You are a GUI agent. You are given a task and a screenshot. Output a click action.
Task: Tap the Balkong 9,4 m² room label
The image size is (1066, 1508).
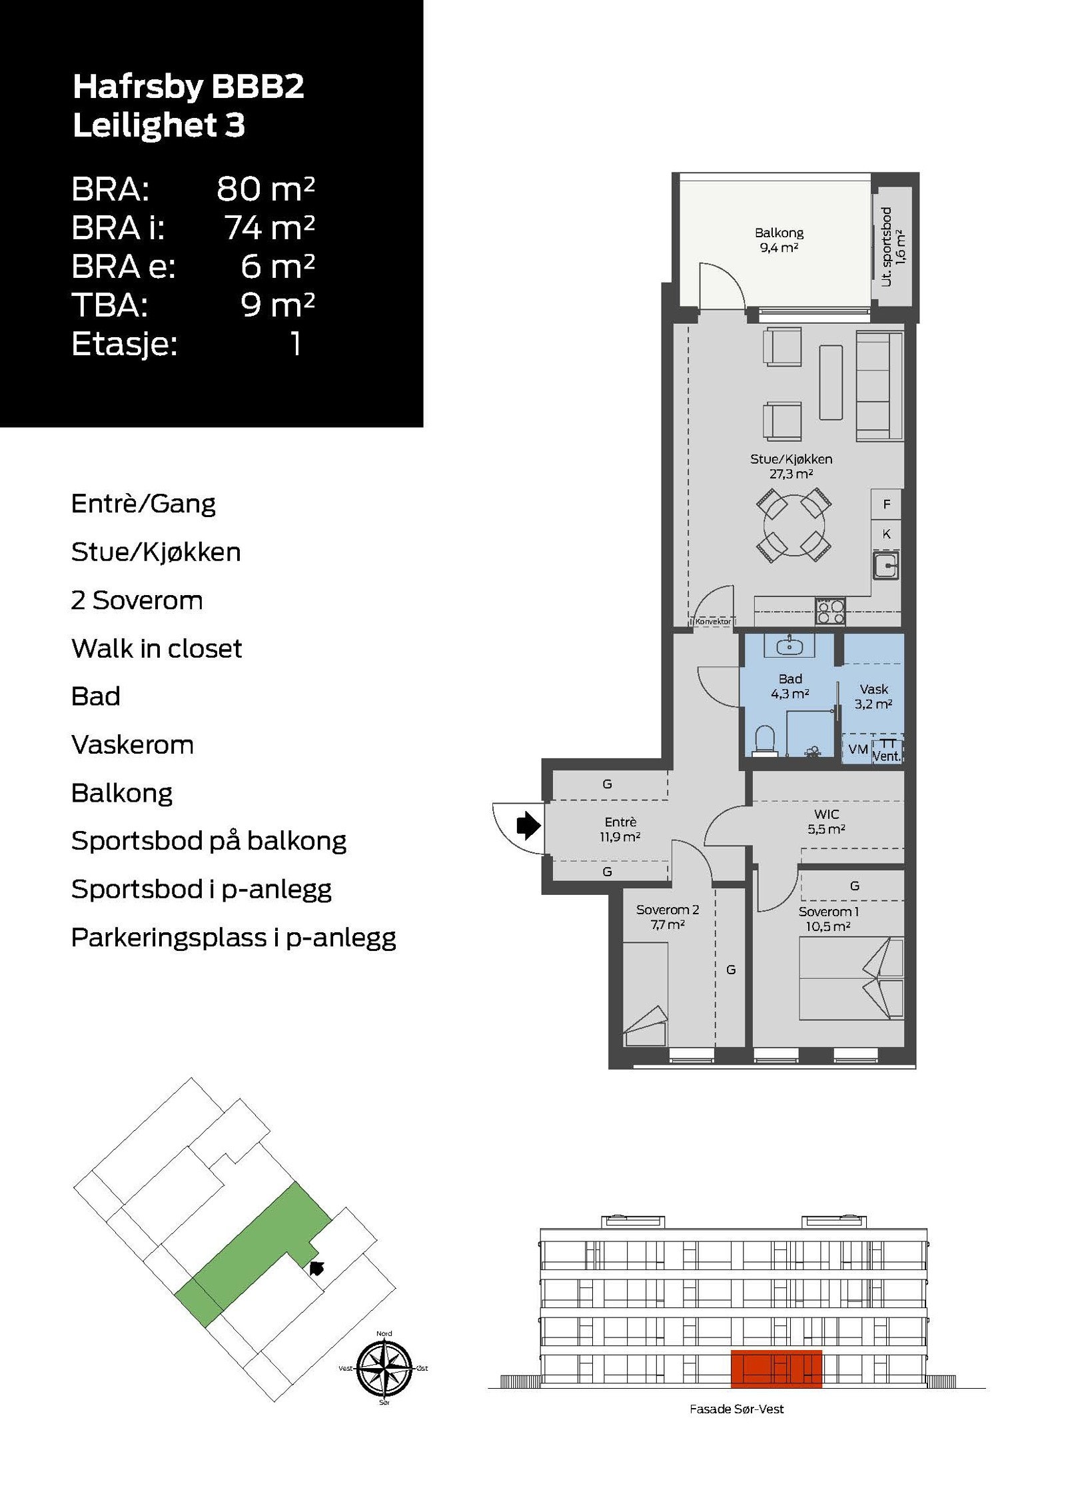(x=779, y=240)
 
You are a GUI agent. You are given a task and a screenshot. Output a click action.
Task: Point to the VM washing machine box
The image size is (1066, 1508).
(x=857, y=749)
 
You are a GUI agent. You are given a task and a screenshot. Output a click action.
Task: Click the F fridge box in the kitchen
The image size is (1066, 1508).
(x=886, y=504)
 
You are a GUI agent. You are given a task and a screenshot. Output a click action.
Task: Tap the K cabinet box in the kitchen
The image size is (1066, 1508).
(x=886, y=534)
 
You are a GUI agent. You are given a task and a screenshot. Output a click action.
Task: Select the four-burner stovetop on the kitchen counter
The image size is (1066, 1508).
(x=830, y=611)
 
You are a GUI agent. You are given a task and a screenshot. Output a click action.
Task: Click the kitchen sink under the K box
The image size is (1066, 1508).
(x=886, y=565)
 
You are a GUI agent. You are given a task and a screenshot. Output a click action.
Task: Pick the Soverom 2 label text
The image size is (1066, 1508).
(x=667, y=910)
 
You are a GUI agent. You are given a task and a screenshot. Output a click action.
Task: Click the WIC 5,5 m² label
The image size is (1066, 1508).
(x=826, y=821)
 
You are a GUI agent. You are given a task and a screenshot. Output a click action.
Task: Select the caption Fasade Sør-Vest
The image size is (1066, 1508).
(x=736, y=1409)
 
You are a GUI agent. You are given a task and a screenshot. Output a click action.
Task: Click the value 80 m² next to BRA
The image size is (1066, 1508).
(x=265, y=189)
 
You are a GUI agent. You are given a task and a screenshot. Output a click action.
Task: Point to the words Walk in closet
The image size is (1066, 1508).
(x=157, y=648)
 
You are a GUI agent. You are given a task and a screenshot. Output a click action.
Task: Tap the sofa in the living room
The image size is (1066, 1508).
(x=879, y=386)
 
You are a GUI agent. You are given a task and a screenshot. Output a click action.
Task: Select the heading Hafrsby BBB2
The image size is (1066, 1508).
(x=188, y=87)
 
